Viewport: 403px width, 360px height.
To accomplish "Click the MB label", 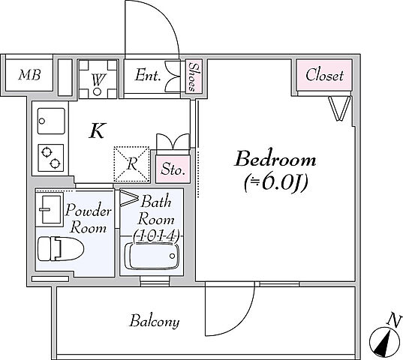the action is click(x=29, y=75).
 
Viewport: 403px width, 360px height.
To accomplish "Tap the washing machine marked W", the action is click(x=98, y=79).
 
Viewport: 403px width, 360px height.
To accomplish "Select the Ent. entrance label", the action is click(x=148, y=75).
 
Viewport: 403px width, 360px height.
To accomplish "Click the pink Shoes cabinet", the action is click(x=194, y=76).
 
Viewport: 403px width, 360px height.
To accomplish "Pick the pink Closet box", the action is click(x=324, y=75).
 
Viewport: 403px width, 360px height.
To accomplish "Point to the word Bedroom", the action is click(x=275, y=159).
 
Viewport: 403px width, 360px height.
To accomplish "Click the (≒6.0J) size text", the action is click(x=275, y=183).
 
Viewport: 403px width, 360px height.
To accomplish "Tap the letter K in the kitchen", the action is click(x=98, y=130).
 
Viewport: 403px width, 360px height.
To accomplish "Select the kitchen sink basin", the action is click(x=51, y=121).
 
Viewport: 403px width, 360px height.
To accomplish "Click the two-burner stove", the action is click(x=51, y=157).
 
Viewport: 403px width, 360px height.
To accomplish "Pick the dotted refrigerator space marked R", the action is click(x=131, y=164).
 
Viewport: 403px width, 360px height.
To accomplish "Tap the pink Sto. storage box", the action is click(x=173, y=169).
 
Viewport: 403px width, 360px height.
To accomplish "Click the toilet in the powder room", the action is click(x=61, y=248).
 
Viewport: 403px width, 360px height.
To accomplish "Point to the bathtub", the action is click(x=152, y=256).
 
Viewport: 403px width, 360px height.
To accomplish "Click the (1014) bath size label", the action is click(x=156, y=235).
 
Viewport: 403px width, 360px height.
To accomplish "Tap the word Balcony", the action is click(x=154, y=322).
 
